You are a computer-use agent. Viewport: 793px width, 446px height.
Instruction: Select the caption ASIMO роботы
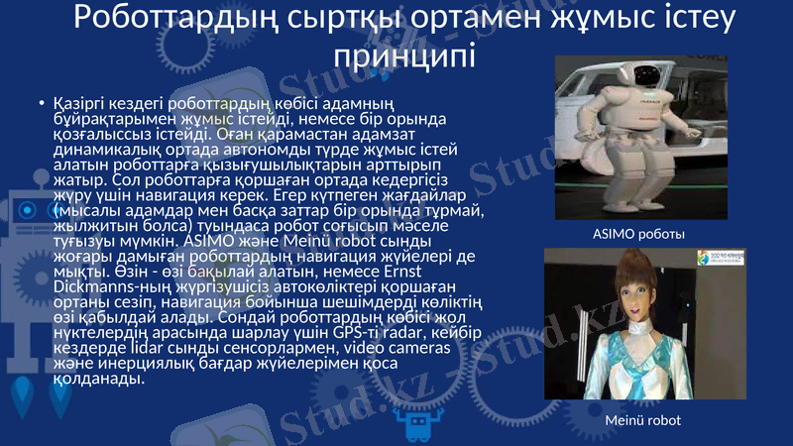point(639,234)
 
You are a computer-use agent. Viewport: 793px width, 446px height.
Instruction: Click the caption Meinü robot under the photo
point(643,420)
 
